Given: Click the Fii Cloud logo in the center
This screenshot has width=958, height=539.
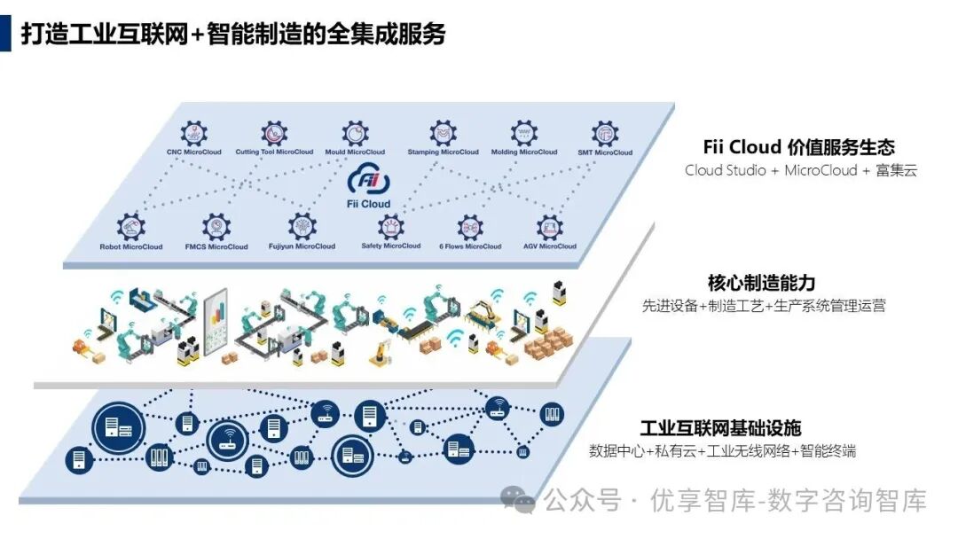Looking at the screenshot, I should [368, 182].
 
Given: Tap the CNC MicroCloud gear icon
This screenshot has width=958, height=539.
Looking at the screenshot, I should [194, 134].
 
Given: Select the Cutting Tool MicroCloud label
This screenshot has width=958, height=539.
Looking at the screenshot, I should [274, 152].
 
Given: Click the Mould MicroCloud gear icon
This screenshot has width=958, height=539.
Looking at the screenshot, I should [355, 134].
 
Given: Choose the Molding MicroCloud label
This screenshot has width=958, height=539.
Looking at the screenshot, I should [524, 152].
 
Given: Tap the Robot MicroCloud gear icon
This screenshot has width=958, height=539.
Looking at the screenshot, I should [130, 227].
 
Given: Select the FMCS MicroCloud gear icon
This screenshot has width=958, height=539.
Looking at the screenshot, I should [216, 227].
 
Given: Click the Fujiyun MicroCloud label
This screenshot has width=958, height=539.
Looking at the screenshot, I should [302, 246].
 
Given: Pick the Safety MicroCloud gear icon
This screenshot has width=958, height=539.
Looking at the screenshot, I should [390, 227].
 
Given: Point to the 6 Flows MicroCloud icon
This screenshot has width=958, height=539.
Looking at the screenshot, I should [470, 227].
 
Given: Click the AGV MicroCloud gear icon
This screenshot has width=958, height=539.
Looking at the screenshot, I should [550, 227].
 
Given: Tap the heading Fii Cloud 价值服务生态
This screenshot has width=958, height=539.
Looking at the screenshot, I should [798, 147].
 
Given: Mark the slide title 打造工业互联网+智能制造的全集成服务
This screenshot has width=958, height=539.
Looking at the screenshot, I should [233, 34].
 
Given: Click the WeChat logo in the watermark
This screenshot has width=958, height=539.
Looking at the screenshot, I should [517, 499].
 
